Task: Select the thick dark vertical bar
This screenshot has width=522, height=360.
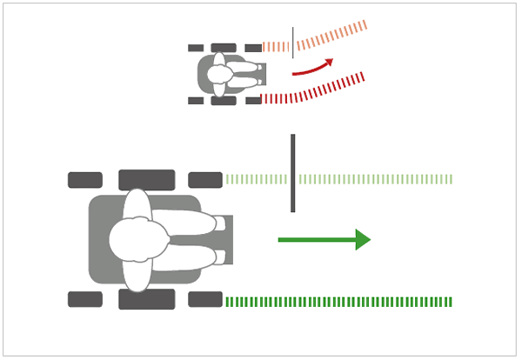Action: coord(293,173)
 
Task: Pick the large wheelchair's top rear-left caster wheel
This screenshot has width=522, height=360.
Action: coord(85,180)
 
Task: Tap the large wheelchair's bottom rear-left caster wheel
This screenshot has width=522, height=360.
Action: coord(85,299)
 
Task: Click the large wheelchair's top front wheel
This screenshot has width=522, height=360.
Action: coord(205,180)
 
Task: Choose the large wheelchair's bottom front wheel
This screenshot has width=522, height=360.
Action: coord(205,299)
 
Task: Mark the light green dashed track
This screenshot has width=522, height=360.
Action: coord(374,179)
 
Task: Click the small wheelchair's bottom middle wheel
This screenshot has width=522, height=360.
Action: coord(224,101)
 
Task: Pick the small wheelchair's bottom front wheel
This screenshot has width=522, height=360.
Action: coord(253,101)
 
